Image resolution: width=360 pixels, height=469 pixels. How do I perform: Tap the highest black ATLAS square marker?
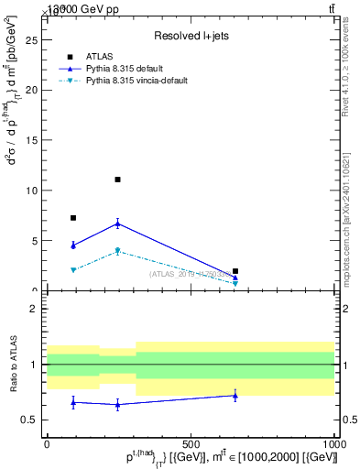pos(118,180)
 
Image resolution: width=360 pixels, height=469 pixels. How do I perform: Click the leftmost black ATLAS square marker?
pos(73,218)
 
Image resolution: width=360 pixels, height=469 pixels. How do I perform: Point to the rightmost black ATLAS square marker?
pos(235,271)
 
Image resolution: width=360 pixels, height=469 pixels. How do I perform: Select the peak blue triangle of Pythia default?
pos(118,224)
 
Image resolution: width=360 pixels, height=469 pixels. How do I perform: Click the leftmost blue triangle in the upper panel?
pos(73,245)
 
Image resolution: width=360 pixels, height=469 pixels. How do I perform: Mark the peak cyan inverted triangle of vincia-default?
pos(118,251)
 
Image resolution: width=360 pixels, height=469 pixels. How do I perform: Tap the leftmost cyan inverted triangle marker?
pos(73,270)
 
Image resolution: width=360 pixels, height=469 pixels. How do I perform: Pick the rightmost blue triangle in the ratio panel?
pos(235,396)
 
